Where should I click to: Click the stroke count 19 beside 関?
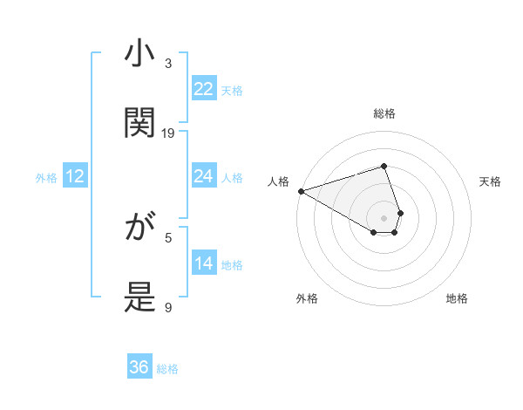[x=169, y=133]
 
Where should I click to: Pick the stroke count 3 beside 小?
[x=169, y=63]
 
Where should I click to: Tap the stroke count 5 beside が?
[x=169, y=237]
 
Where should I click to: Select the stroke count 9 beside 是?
[x=169, y=307]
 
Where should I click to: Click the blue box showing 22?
[x=204, y=89]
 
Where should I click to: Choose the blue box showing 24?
[x=204, y=176]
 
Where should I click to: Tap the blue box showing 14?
[x=204, y=263]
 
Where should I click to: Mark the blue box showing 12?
[x=75, y=177]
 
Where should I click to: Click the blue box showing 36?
[x=139, y=367]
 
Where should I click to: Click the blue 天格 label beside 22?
[x=232, y=90]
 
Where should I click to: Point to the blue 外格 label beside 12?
[x=46, y=178]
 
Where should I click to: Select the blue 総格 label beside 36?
[x=167, y=369]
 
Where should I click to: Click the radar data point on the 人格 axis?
[x=301, y=191]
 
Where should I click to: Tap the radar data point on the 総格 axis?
[x=384, y=166]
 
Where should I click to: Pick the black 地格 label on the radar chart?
[x=457, y=298]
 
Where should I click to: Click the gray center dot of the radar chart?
[x=384, y=217]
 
